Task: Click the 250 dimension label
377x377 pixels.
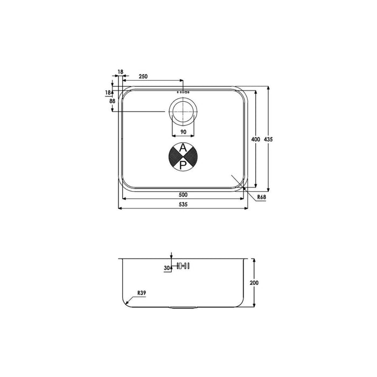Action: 143,76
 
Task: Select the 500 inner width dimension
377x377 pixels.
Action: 183,194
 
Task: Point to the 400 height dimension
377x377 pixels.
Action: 256,139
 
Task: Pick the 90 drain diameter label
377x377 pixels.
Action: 183,132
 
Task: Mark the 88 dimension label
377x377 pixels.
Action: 112,101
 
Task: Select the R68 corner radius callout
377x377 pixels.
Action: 262,198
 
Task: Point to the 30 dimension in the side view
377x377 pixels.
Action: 166,267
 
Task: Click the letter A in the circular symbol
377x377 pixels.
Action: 183,148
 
